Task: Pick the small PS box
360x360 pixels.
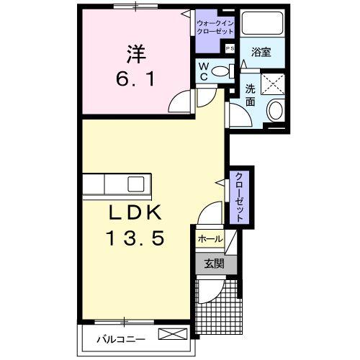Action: pos(230,48)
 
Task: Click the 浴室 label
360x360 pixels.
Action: pos(261,52)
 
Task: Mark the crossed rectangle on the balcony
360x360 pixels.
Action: pos(173,333)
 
